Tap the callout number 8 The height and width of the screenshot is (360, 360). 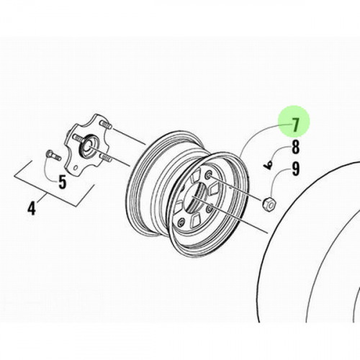tap(295, 147)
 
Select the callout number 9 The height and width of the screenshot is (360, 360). tap(295, 169)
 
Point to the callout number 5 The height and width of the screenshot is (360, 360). tap(62, 182)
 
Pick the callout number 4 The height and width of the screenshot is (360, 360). tap(32, 208)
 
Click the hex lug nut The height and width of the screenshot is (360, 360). tap(269, 204)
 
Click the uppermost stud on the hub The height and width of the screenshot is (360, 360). tap(106, 125)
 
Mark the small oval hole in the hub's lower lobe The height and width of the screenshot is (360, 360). tap(76, 167)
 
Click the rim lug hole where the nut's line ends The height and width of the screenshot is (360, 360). tap(207, 176)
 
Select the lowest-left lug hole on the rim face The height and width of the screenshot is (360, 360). tap(181, 223)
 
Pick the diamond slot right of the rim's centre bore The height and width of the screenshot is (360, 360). tap(213, 188)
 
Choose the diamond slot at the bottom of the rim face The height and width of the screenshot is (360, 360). tap(196, 221)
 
